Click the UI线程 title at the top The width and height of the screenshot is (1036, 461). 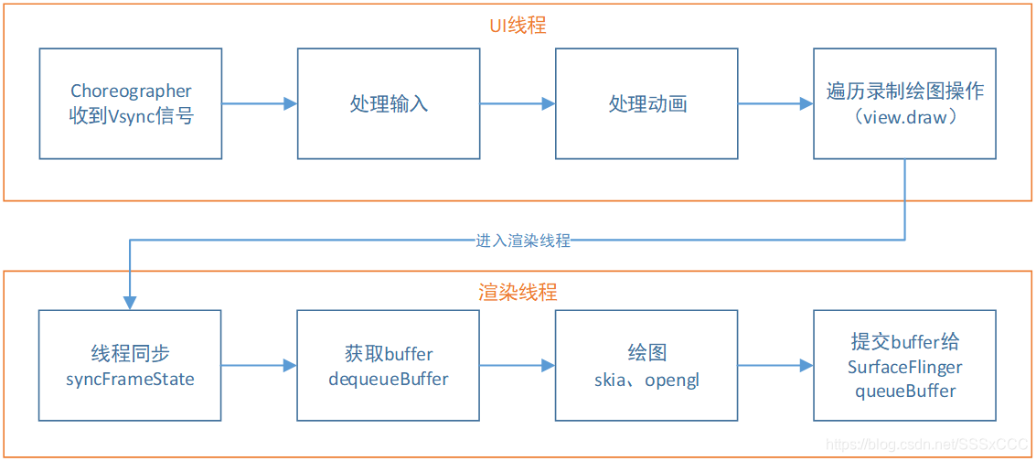coord(518,26)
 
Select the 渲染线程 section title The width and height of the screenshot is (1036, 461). coord(518,293)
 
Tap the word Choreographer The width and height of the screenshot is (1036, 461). coord(131,91)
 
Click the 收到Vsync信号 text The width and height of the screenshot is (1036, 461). coord(131,116)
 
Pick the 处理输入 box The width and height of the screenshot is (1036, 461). coord(389,104)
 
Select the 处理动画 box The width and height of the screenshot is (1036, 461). coord(647,104)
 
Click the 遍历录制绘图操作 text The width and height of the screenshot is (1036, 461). coord(905,91)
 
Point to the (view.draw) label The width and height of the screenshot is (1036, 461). coord(905,117)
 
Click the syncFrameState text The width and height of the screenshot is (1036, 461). coord(131,379)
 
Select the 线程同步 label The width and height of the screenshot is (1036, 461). coord(131,354)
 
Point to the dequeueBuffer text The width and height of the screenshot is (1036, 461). coord(389,379)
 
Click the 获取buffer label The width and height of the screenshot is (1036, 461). coord(389,354)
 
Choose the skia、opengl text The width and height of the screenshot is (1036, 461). coord(647,380)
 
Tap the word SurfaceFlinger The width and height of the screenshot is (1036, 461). coord(905,367)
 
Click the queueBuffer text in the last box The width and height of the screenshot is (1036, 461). coord(905,391)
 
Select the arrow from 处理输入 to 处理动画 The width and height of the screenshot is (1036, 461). coord(518,104)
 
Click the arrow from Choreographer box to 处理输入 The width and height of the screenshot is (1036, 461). coord(260,104)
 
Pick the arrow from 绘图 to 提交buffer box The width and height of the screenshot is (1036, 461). coord(775,366)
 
